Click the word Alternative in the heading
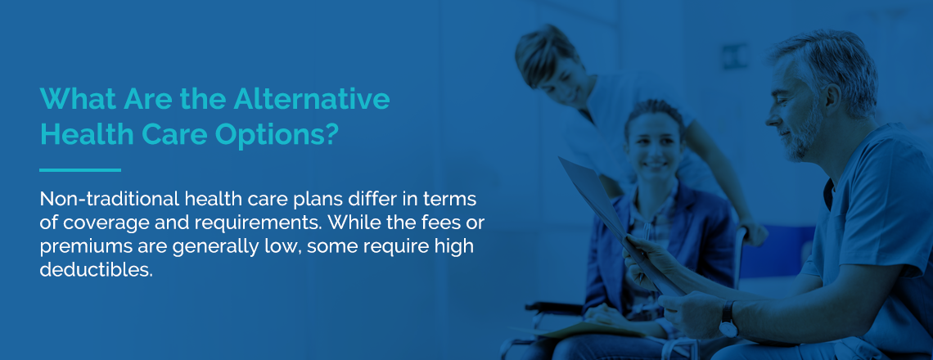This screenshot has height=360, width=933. [312, 98]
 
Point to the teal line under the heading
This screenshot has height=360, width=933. [80, 170]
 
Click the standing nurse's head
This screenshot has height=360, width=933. [549, 62]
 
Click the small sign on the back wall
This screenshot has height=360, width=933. [736, 56]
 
